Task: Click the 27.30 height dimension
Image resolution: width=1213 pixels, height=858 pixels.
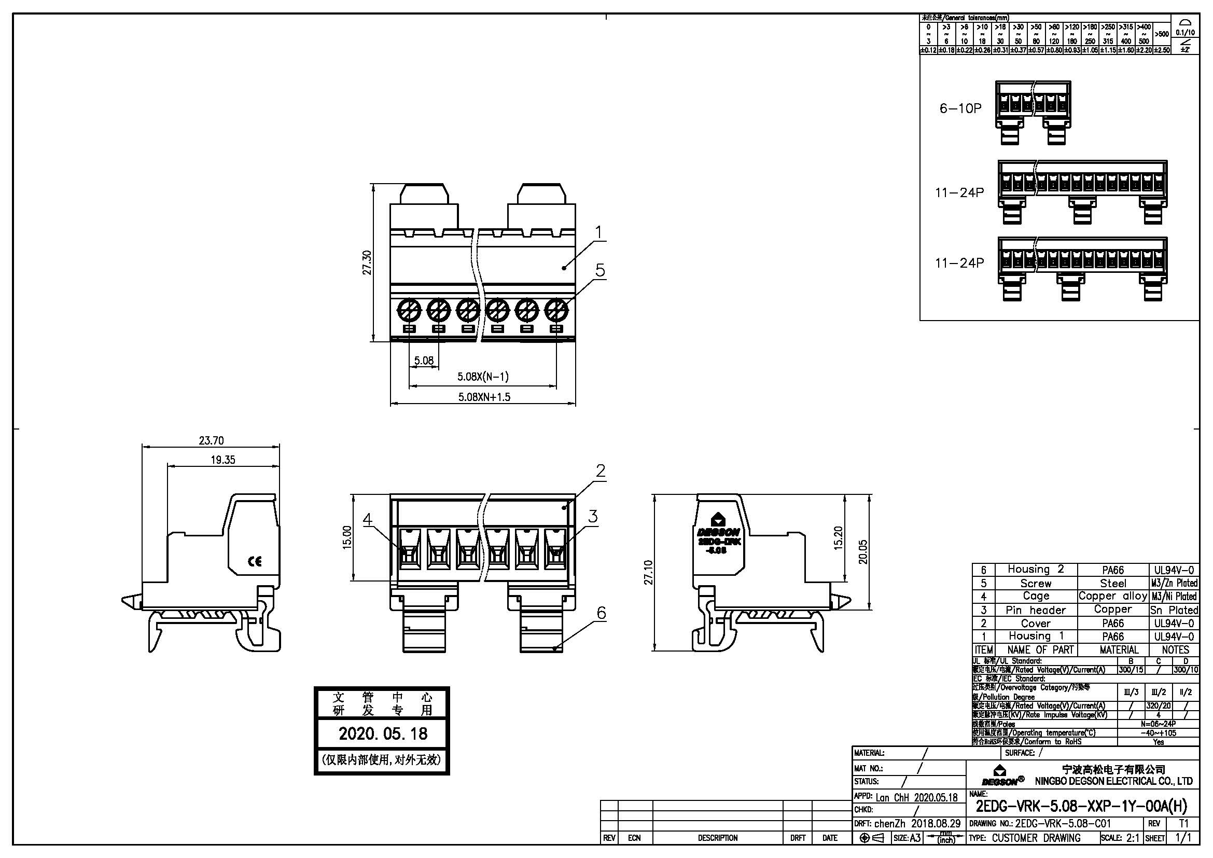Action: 367,262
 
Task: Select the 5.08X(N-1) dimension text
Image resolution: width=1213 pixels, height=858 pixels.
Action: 483,377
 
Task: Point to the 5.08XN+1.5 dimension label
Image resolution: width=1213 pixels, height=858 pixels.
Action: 484,397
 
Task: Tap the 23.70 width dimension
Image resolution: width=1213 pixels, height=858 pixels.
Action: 211,440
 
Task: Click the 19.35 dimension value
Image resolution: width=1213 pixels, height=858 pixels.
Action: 222,460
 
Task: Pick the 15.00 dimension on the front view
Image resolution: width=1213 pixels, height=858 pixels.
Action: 347,537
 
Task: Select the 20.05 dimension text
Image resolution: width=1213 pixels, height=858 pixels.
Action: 863,551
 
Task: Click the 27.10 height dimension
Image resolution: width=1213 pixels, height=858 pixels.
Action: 648,572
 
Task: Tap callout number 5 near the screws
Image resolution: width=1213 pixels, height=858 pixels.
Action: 599,270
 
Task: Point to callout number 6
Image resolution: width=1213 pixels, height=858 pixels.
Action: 601,613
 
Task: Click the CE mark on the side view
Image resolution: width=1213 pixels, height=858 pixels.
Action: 255,562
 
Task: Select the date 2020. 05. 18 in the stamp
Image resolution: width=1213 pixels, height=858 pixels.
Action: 383,734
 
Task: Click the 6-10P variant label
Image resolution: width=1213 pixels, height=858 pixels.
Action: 960,108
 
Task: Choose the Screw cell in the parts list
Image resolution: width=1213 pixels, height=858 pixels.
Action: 1036,583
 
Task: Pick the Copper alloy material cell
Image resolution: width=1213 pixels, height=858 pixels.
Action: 1112,596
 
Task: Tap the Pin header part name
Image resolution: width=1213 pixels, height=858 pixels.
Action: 1036,610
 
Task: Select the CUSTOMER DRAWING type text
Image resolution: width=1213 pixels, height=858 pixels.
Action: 1036,838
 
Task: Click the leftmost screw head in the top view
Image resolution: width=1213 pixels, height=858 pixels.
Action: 410,309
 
